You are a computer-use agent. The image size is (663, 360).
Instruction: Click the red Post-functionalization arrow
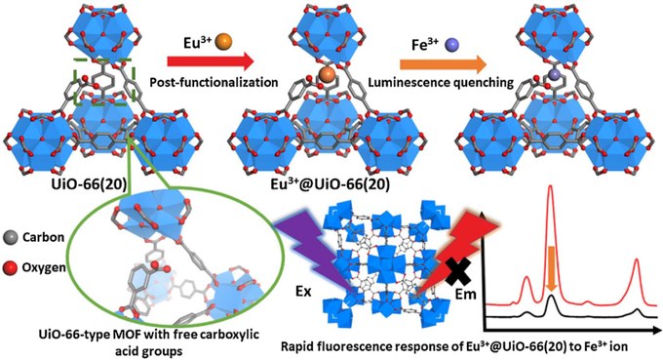[211, 60]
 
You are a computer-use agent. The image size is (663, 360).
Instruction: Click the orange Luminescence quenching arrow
[444, 64]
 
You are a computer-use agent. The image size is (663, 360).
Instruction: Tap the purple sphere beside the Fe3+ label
[452, 45]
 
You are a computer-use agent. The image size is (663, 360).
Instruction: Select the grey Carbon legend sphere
[10, 237]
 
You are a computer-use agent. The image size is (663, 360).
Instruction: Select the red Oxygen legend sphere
[10, 267]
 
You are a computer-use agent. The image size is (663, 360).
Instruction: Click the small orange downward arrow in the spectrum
[551, 269]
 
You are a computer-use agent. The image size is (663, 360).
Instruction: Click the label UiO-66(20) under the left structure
[86, 184]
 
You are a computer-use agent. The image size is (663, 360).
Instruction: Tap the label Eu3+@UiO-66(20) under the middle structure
[330, 184]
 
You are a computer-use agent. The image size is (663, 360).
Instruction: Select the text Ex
[303, 291]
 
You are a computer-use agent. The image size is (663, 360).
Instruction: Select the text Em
[465, 294]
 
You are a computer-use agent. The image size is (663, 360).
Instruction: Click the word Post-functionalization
[214, 82]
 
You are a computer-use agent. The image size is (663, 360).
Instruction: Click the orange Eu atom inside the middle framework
[327, 74]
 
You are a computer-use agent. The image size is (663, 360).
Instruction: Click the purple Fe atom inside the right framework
[554, 74]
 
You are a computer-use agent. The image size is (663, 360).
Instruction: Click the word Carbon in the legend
[43, 237]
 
